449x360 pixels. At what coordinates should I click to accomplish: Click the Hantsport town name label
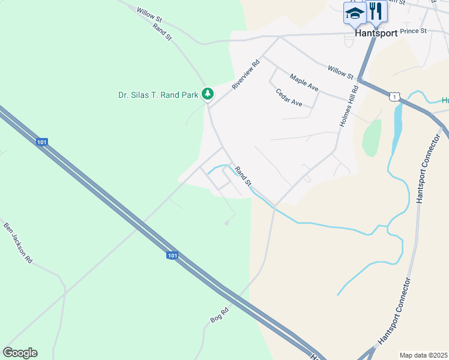click(x=376, y=34)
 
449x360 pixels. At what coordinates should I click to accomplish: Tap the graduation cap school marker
click(x=355, y=13)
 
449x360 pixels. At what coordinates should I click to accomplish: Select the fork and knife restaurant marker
click(x=376, y=11)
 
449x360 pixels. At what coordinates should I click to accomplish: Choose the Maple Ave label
click(x=304, y=82)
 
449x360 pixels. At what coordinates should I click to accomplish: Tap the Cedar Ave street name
click(x=289, y=97)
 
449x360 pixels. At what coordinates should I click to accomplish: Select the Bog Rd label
click(x=220, y=314)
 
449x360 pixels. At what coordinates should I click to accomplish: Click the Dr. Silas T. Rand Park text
click(x=157, y=94)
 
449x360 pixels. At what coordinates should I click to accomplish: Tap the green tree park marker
click(x=208, y=94)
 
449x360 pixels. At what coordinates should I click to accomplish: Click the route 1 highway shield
click(x=393, y=96)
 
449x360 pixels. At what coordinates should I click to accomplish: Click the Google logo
click(x=20, y=353)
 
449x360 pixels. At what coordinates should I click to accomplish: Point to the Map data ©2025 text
click(x=423, y=355)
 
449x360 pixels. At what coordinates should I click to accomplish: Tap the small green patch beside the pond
click(x=372, y=137)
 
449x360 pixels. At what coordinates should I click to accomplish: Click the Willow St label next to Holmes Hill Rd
click(x=340, y=72)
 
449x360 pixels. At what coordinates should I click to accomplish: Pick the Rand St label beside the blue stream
click(x=243, y=176)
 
